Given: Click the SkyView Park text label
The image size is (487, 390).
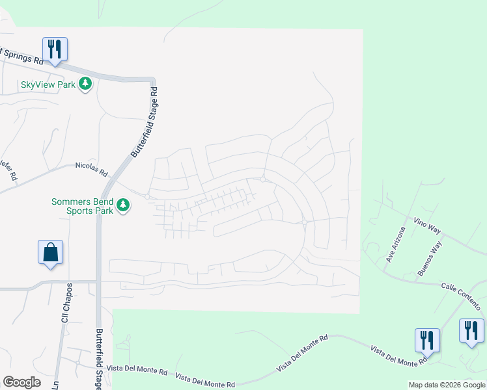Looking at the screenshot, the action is pos(49,84).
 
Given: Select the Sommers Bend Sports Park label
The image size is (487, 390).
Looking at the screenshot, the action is pos(82,206).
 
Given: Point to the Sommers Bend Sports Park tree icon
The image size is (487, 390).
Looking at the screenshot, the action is pos(123,206).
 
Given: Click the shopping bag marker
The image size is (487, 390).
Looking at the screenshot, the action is pos(51,252).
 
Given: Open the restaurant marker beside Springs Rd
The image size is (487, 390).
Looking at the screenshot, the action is pos(55,49).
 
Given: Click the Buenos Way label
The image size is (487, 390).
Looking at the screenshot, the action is pos(430,258).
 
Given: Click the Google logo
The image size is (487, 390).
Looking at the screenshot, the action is pos(21,382).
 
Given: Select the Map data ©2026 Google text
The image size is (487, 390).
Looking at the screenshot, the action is pos(447,385).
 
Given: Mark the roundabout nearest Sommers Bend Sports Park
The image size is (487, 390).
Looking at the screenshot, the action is pos(148,197).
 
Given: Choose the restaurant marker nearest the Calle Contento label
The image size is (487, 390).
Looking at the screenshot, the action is pos(471,330).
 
